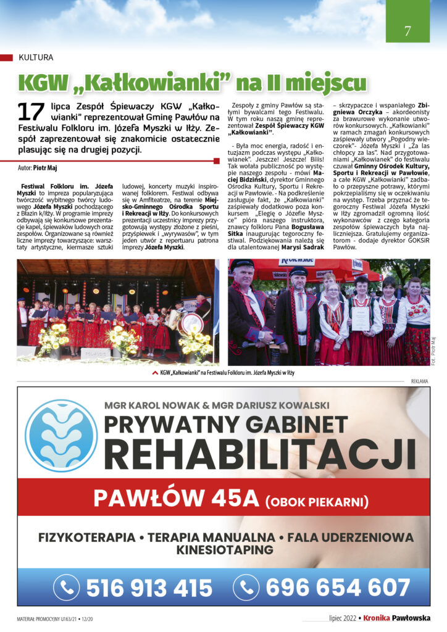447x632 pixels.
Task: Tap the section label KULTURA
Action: pos(36,57)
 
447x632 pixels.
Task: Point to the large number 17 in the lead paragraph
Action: pos(30,112)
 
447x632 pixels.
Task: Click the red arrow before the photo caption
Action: pos(154,373)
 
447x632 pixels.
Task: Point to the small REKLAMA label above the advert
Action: pos(419,381)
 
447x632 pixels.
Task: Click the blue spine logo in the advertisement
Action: pos(60,436)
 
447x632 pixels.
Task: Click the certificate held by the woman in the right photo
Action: pos(361,318)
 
